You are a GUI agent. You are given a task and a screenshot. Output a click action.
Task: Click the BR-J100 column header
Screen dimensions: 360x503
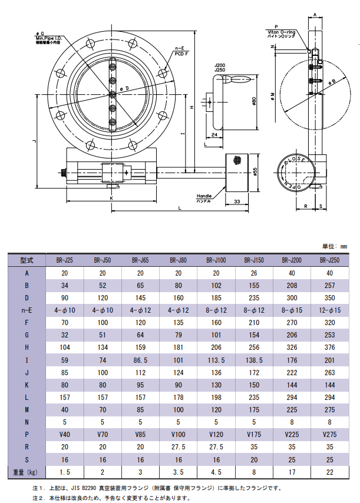pyautogui.click(x=216, y=260)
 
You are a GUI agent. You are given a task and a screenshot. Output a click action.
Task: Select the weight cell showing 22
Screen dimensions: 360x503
pyautogui.click(x=329, y=472)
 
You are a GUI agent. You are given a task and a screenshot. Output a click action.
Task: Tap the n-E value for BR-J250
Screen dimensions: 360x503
pyautogui.click(x=329, y=310)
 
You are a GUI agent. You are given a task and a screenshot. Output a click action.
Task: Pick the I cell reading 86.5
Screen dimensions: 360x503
pyautogui.click(x=140, y=360)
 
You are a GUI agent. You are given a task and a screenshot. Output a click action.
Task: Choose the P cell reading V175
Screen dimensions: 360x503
pyautogui.click(x=254, y=435)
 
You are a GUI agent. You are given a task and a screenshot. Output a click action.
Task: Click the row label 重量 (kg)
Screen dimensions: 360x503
pyautogui.click(x=27, y=472)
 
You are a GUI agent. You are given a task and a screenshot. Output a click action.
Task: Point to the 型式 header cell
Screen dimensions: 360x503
pyautogui.click(x=27, y=260)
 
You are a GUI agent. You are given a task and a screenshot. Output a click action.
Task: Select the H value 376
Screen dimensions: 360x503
pyautogui.click(x=329, y=348)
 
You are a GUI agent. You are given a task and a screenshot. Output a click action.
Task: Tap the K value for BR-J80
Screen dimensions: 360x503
pyautogui.click(x=178, y=385)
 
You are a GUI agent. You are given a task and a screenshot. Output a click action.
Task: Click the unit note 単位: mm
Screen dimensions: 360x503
pyautogui.click(x=334, y=246)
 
